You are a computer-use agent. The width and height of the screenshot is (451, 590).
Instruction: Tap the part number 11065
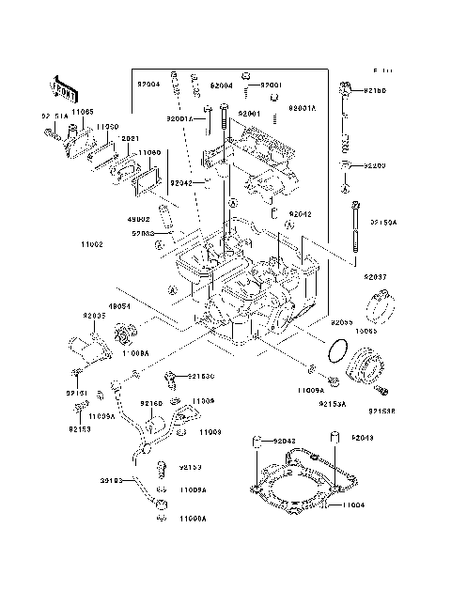(82, 112)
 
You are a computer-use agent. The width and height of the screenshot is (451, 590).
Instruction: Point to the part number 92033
(143, 233)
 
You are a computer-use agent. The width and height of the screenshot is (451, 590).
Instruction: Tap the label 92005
(94, 316)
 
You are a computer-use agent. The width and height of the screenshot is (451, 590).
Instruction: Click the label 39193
(114, 480)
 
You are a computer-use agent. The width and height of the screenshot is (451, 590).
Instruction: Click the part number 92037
(376, 277)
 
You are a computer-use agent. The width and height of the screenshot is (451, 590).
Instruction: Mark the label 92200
(374, 165)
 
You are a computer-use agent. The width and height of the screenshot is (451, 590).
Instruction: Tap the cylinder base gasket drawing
(293, 487)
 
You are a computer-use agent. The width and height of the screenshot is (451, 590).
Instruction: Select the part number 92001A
(180, 119)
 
